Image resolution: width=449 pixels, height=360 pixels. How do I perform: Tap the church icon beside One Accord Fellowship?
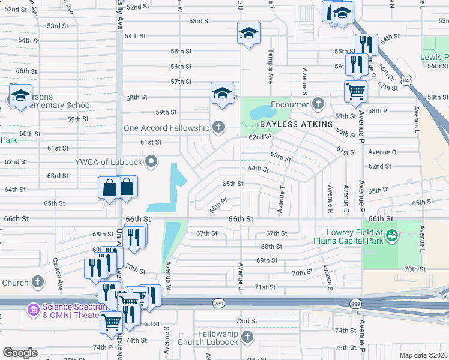point(219,127)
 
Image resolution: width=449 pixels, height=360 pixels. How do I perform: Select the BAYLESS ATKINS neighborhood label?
point(296,124)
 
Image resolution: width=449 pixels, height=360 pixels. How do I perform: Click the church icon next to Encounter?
point(318,103)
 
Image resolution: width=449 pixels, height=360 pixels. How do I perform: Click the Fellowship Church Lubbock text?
point(219,338)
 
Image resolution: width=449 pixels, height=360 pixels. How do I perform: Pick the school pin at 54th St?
point(248,34)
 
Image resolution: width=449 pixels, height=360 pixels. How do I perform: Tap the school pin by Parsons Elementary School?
point(20,96)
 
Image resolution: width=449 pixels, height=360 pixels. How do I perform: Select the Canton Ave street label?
point(59,272)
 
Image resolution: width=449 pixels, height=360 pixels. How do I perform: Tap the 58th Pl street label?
point(379,112)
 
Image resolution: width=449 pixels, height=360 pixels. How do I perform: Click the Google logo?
point(20,353)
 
